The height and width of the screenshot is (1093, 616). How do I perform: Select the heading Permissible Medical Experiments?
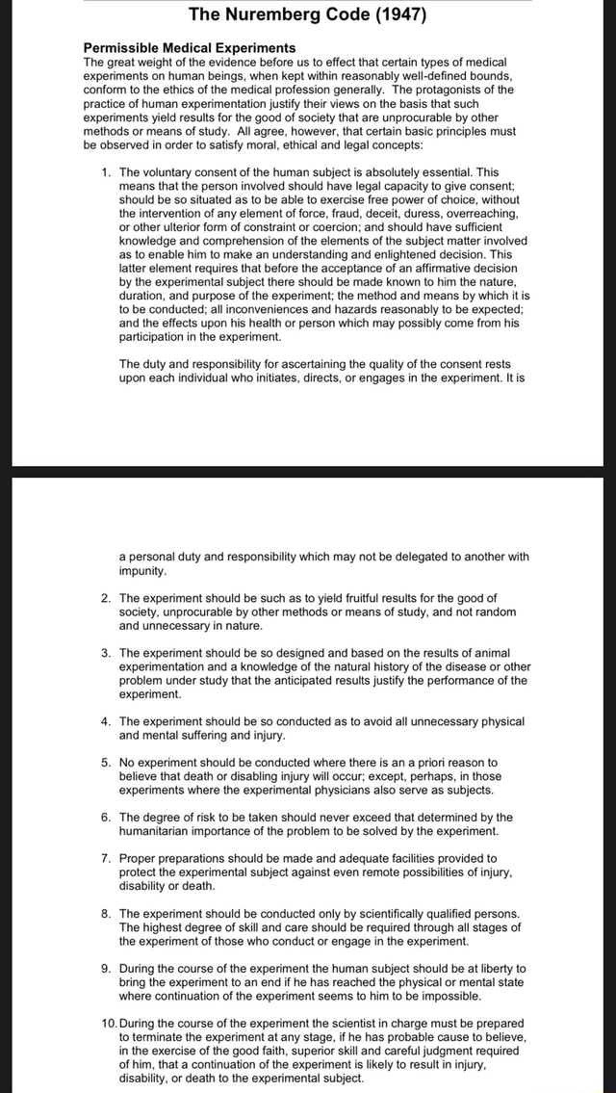tap(190, 47)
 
